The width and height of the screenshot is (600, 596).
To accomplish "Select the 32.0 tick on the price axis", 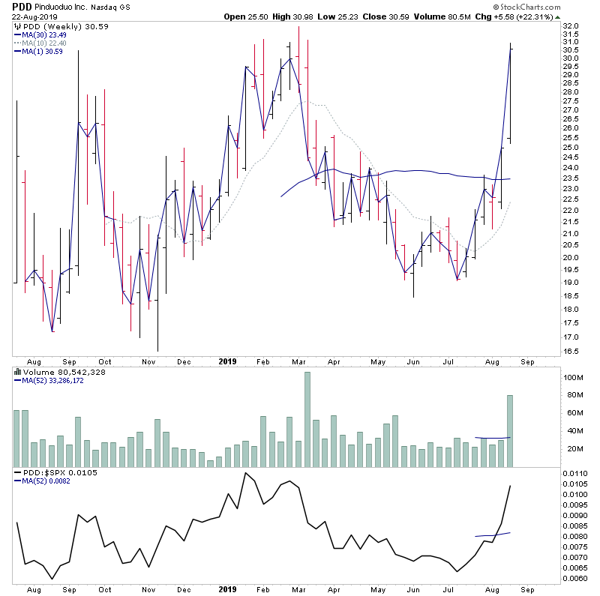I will point(571,26).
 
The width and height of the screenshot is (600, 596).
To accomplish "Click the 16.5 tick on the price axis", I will point(571,351).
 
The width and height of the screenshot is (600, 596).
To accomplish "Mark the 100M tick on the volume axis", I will point(573,377).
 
